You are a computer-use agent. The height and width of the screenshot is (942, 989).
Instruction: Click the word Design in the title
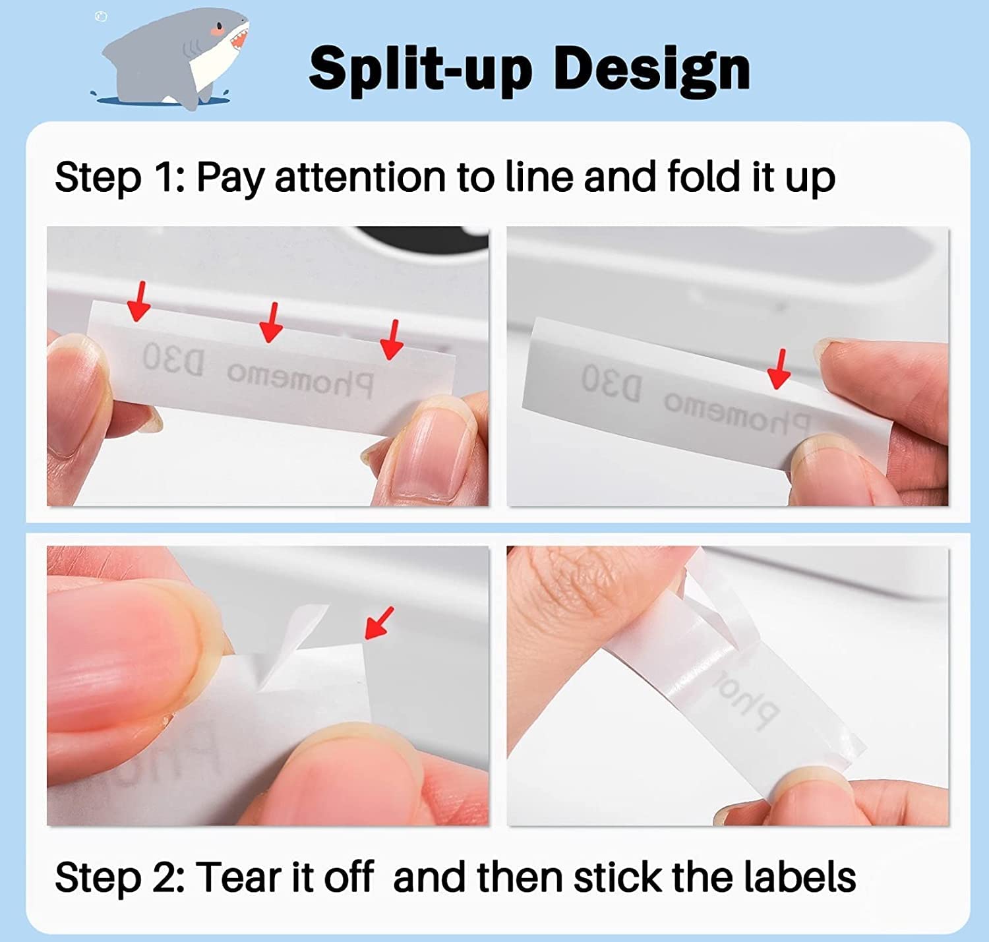[651, 69]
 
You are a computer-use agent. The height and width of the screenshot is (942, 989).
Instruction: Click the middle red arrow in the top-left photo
[270, 322]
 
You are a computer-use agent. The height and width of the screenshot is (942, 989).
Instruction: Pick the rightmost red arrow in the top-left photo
[393, 339]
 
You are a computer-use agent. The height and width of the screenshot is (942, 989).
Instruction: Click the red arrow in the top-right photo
[780, 369]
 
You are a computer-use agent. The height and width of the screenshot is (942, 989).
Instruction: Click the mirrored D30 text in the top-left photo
[173, 361]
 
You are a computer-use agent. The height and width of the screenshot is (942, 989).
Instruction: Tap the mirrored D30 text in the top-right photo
[611, 384]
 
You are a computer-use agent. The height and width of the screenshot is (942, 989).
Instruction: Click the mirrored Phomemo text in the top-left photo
[300, 380]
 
